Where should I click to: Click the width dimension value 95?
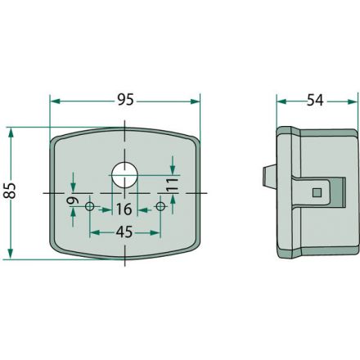pos(124,101)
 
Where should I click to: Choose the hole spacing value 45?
pos(124,232)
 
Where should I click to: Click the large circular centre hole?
pos(124,173)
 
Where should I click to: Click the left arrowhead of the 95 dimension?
pos(55,101)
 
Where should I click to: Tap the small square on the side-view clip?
pos(317,192)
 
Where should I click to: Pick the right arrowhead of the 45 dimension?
pos(156,232)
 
